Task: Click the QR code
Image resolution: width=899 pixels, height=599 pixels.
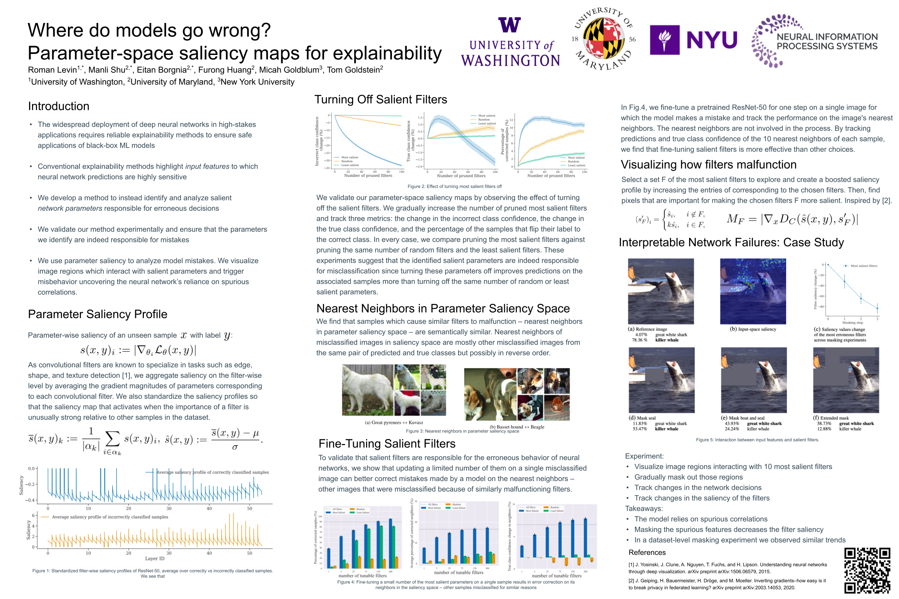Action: point(867,570)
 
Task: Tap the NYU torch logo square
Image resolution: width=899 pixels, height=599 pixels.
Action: point(664,40)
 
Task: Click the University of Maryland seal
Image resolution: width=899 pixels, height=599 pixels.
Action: point(604,39)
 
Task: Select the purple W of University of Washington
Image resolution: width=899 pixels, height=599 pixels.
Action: point(509,25)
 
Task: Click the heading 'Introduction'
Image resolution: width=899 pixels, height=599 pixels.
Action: point(59,106)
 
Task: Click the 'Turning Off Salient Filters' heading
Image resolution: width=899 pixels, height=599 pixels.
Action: point(380,100)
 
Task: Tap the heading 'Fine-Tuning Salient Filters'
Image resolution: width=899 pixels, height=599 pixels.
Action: point(387,444)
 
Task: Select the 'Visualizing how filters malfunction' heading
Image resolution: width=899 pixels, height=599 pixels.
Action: point(708,165)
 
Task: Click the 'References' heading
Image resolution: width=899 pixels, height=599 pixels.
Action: point(647,552)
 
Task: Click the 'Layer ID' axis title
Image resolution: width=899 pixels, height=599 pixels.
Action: point(154,558)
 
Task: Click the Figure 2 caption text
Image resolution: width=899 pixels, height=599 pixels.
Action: point(454,186)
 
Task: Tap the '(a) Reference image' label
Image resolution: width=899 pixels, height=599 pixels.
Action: point(647,329)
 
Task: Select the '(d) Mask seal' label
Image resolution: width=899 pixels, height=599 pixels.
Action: point(642,418)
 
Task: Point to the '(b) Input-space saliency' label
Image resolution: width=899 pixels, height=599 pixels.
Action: point(753,329)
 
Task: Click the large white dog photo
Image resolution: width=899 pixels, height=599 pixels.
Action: point(367,390)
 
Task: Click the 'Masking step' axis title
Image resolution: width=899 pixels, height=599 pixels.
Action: point(852,323)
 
